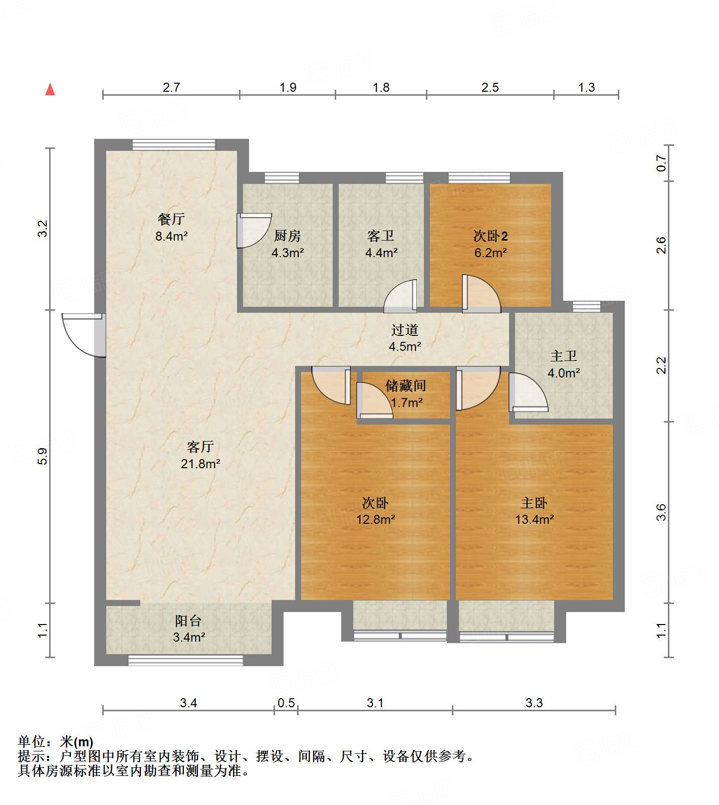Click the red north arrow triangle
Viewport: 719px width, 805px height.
50,89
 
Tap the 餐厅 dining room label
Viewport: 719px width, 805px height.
171,219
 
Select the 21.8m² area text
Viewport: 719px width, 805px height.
200,464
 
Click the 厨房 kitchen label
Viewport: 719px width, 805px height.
288,236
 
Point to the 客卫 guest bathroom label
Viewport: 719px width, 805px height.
381,236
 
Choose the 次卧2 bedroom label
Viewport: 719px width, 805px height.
491,236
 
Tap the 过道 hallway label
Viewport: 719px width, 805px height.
405,330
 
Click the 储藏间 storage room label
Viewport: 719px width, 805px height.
406,385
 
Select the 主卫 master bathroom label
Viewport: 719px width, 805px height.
564,356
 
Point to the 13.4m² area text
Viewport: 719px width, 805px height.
535,519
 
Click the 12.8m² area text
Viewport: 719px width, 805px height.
376,519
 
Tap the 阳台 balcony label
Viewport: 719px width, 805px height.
188,621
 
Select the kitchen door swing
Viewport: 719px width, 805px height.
254,231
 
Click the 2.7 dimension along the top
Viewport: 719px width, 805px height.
171,87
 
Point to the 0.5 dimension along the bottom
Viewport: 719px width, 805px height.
286,703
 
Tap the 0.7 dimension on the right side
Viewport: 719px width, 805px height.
661,163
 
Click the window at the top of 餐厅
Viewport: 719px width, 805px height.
174,145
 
